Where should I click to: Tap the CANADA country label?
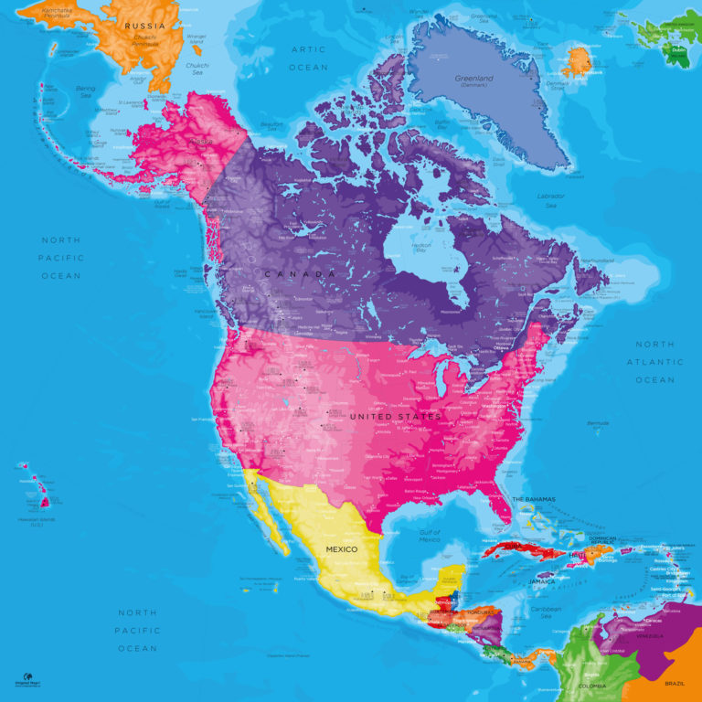click(x=300, y=274)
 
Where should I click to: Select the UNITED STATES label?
click(x=395, y=417)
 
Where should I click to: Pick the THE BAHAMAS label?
click(x=534, y=498)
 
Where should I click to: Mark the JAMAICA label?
click(x=542, y=581)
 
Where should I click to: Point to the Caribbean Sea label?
click(x=546, y=609)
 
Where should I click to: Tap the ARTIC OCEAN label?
click(x=308, y=58)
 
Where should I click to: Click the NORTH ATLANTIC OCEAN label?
click(x=654, y=362)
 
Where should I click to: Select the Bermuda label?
click(x=598, y=424)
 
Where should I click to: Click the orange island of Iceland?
click(x=577, y=62)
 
